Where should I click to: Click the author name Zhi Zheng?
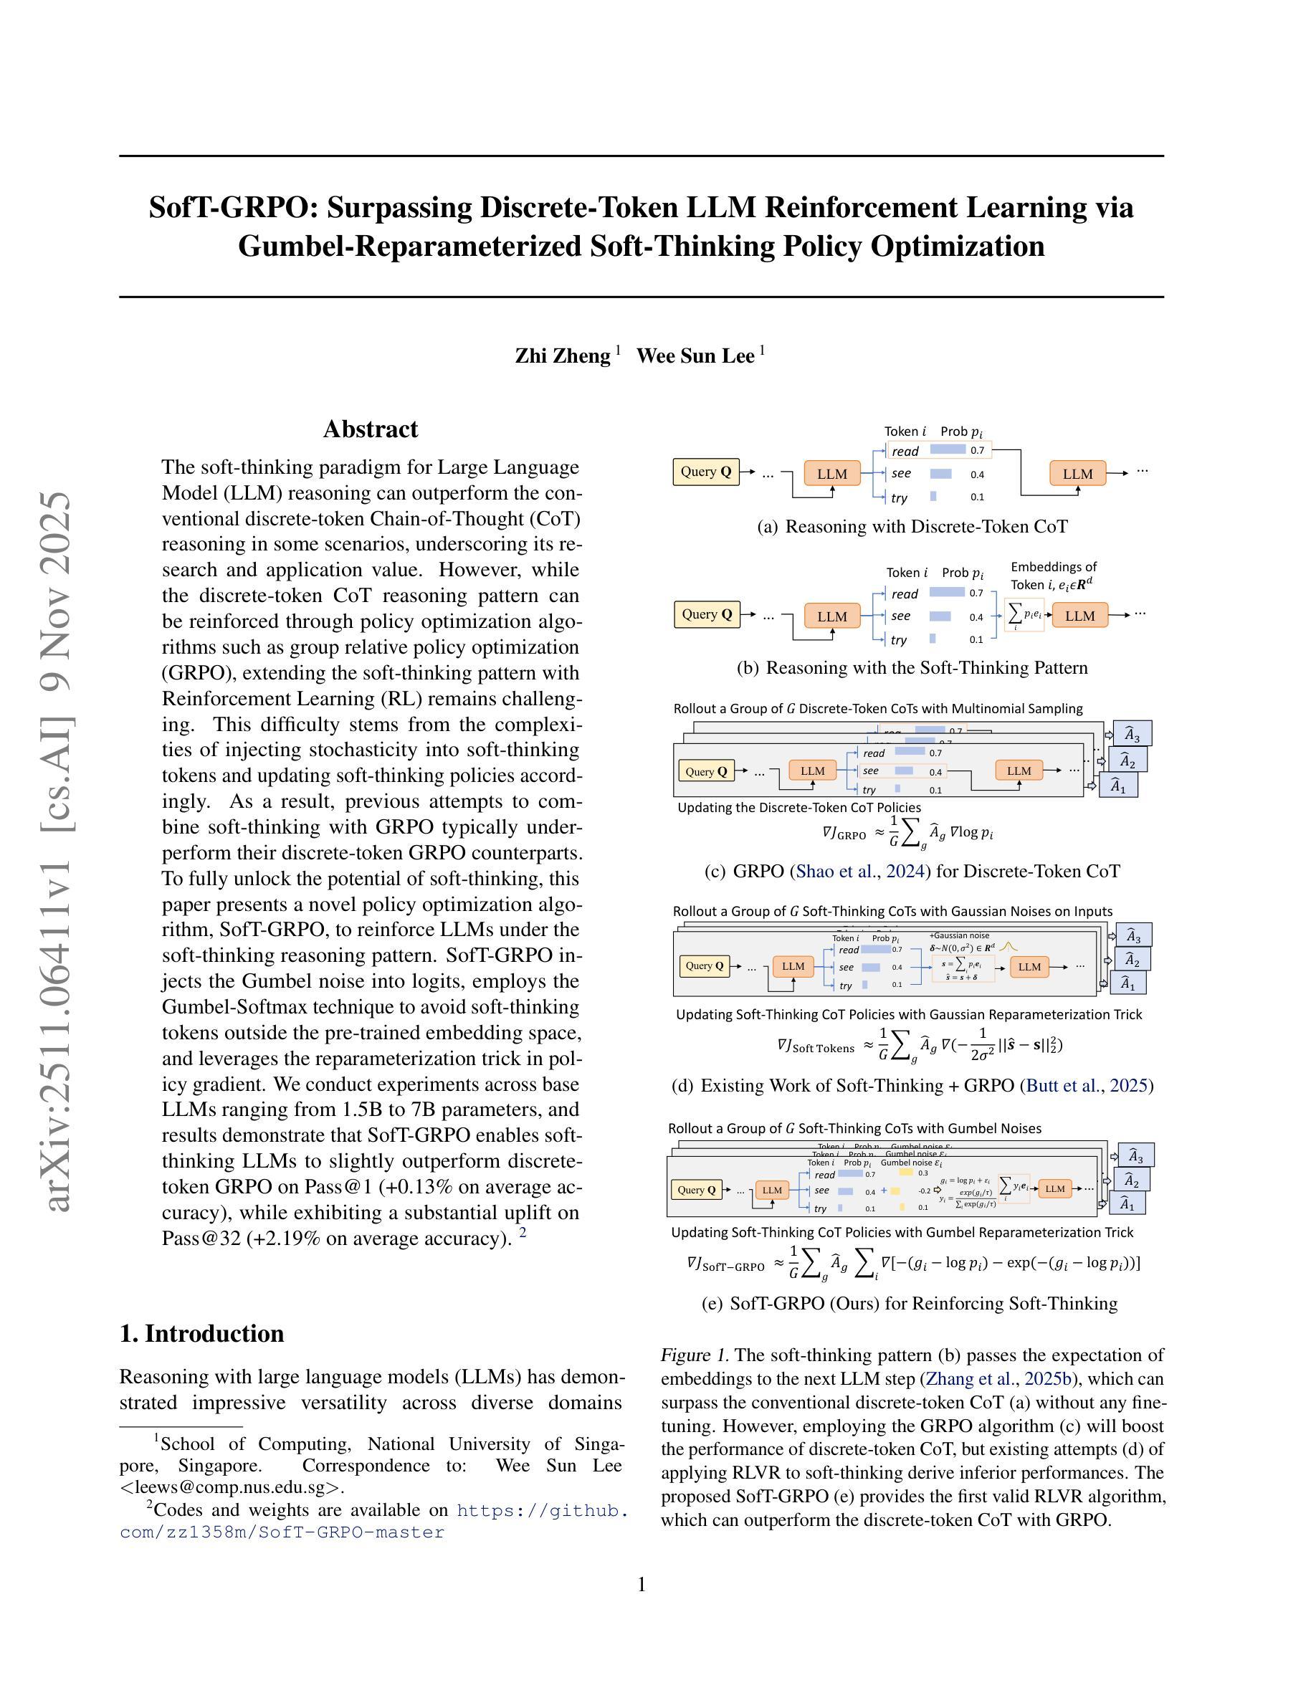click(x=562, y=356)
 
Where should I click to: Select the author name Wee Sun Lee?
click(x=695, y=356)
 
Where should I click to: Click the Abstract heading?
click(x=371, y=429)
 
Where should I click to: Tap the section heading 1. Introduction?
click(x=201, y=1333)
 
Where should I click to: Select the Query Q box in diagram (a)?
click(x=705, y=472)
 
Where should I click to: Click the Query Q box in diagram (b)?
click(x=706, y=614)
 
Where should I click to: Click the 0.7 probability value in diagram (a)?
click(x=977, y=450)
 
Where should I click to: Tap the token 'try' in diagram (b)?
click(x=899, y=640)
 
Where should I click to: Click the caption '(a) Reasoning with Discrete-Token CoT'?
click(x=912, y=526)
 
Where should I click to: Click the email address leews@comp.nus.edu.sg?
click(x=232, y=1487)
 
